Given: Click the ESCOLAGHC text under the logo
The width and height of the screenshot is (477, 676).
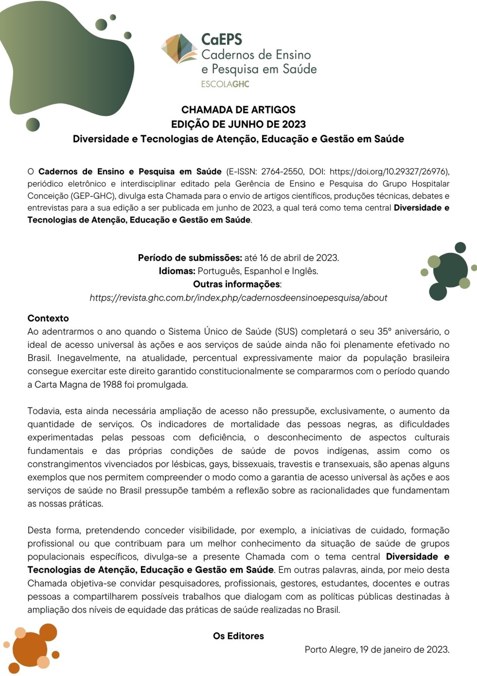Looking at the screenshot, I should [x=225, y=84].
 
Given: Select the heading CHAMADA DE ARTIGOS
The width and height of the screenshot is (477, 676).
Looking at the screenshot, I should [x=238, y=110].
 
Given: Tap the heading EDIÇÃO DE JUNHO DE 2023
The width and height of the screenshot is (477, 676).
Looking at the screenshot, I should [x=238, y=124].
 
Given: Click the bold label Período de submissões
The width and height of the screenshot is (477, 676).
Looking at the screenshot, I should [x=190, y=258].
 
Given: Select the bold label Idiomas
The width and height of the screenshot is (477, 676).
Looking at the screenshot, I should [x=177, y=271].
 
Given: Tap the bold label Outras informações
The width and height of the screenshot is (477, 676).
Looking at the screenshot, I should [x=236, y=284].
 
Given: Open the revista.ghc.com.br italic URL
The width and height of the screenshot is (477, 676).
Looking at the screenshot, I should [x=238, y=298].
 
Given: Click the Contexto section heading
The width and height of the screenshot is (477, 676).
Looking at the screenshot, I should [x=48, y=319].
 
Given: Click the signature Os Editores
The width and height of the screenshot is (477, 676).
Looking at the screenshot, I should [x=238, y=636].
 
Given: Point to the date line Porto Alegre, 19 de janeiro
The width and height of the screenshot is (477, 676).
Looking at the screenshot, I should [x=377, y=649].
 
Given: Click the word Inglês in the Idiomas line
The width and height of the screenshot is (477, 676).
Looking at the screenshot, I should [x=305, y=271].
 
